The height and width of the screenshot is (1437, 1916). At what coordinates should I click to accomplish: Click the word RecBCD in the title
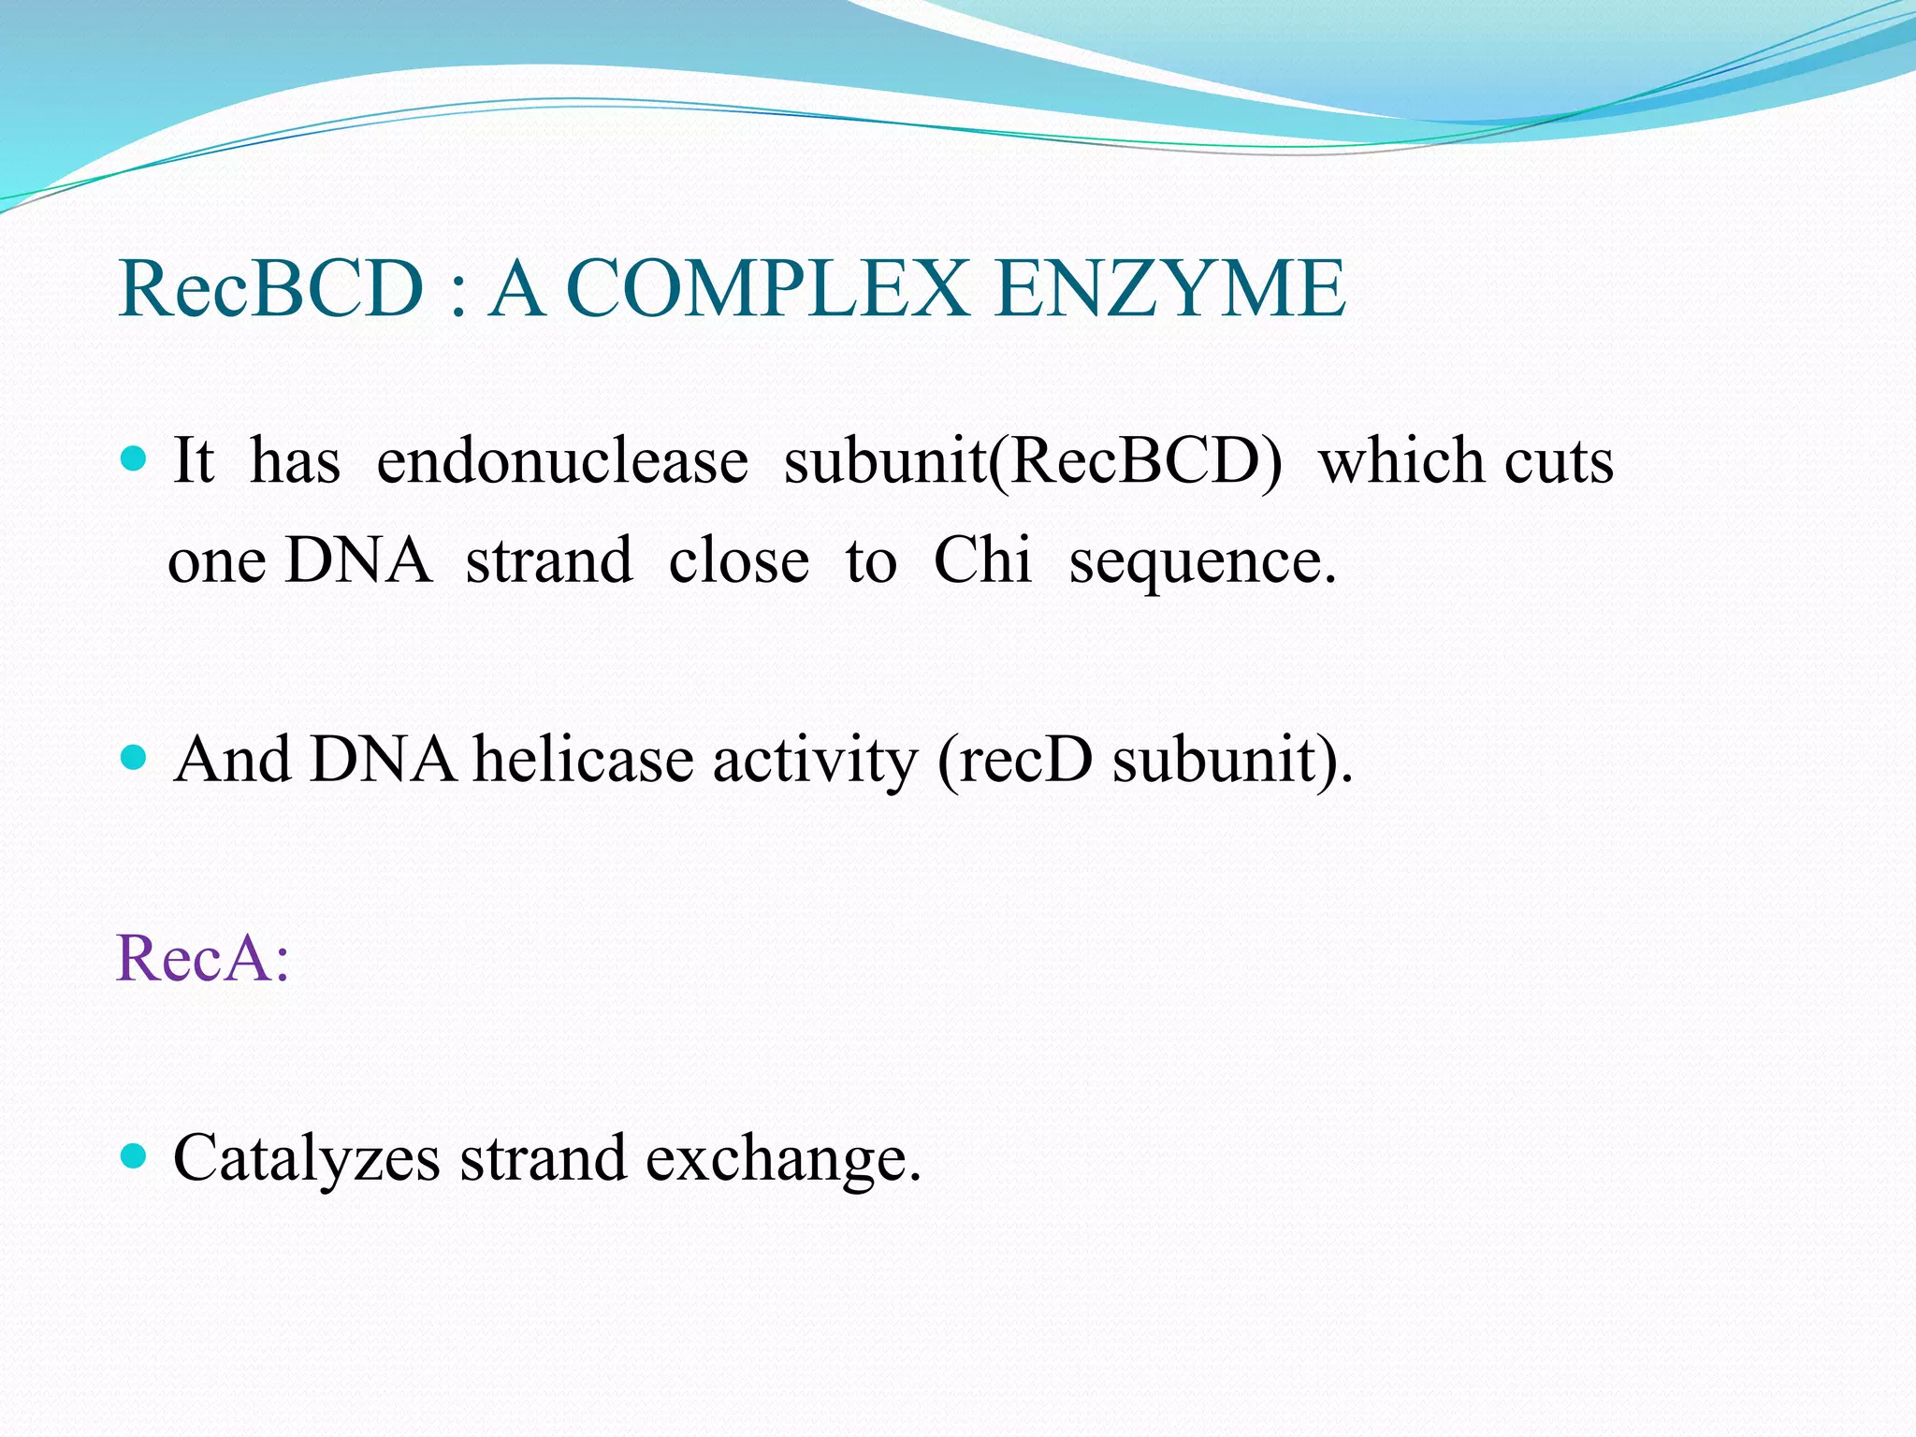(271, 290)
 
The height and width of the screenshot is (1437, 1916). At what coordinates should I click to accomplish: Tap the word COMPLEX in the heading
(767, 290)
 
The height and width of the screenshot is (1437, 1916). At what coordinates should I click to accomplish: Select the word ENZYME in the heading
(1169, 290)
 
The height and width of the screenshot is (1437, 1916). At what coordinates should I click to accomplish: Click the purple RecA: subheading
(202, 959)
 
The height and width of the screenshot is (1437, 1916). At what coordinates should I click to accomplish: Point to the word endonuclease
(561, 462)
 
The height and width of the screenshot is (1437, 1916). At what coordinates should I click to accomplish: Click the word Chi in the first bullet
(981, 560)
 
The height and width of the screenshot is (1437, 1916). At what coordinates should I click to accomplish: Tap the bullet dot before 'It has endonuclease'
(135, 457)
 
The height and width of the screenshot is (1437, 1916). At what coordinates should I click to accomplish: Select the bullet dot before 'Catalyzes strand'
(135, 1156)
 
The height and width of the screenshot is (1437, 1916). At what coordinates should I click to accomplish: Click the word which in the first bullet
(1402, 462)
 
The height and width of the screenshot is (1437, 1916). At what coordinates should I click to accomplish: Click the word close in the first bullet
(738, 561)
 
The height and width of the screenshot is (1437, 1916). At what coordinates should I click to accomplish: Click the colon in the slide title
(457, 296)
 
